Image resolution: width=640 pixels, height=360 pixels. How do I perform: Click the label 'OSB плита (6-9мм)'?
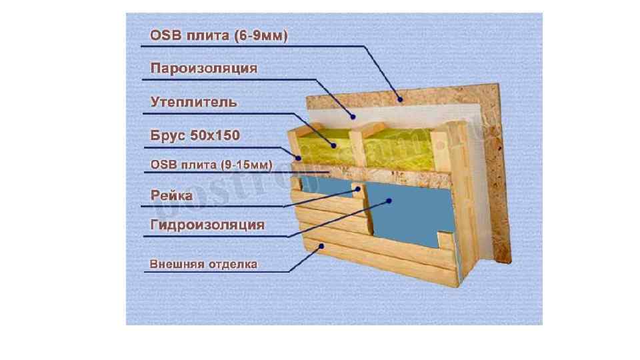point(218,35)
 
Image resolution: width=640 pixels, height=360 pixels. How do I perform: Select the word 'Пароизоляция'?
point(203,69)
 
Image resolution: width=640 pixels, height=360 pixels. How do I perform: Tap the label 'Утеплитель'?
point(193,102)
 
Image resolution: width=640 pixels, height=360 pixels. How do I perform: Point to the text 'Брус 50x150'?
point(195,135)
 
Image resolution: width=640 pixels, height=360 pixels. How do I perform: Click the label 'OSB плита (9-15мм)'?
point(209,164)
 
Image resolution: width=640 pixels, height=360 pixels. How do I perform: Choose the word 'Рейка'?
point(171,195)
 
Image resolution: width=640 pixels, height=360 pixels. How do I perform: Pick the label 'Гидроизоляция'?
point(207,225)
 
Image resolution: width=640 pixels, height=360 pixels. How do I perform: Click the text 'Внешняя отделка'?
point(203,264)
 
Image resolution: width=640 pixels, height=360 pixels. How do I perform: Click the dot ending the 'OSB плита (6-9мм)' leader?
point(401,99)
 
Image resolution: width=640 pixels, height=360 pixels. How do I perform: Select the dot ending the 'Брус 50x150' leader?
point(301,158)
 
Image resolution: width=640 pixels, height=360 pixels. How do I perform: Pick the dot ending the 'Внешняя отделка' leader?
point(323,246)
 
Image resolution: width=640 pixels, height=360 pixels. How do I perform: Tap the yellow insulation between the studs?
point(400,147)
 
